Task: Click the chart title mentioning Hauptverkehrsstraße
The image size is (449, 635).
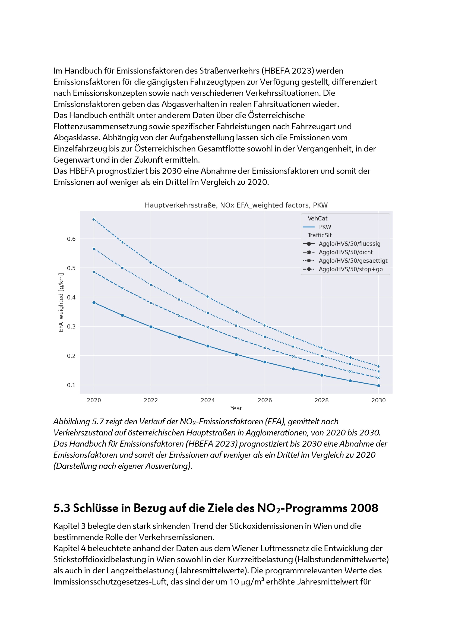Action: point(236,205)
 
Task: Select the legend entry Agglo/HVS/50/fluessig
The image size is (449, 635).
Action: point(349,244)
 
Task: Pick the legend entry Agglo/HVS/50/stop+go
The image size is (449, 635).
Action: point(350,269)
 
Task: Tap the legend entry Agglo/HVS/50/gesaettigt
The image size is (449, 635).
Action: point(353,261)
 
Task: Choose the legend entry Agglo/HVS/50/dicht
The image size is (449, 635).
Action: point(346,252)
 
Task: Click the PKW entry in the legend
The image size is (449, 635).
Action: point(325,227)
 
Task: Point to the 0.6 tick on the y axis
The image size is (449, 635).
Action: point(71,239)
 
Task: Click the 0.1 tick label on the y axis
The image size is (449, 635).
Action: point(71,385)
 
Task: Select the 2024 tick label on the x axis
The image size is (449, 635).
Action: point(208,400)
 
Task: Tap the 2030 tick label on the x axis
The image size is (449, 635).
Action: point(378,400)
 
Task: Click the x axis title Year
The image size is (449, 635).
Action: point(236,408)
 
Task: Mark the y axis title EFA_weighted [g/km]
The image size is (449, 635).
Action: point(61,302)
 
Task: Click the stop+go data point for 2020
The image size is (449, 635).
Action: point(94,219)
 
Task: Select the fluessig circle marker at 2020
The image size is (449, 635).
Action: point(94,302)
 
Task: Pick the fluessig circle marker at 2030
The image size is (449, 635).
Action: point(378,386)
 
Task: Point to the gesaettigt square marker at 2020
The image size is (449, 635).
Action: point(94,249)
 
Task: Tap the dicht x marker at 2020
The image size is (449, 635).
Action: point(94,272)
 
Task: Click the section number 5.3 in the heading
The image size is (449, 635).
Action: point(62,508)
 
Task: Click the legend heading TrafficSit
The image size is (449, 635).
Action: point(320,235)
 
